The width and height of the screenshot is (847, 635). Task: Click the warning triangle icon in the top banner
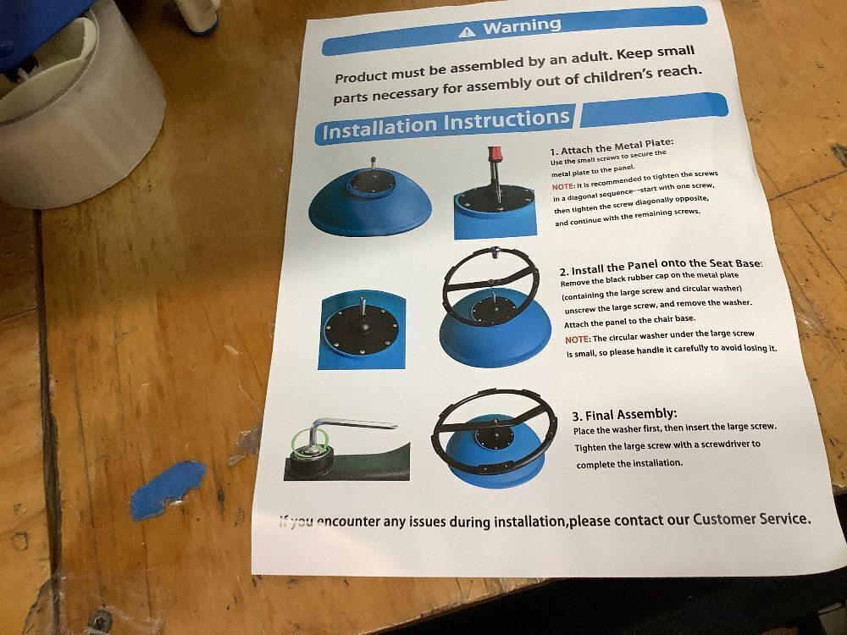(467, 32)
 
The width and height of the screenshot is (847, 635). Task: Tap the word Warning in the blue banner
(522, 26)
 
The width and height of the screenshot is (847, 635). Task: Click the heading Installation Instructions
(446, 124)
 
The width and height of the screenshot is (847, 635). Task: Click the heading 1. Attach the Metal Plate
(612, 146)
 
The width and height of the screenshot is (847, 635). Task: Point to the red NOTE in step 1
(562, 187)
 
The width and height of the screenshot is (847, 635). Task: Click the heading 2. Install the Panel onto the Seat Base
(661, 267)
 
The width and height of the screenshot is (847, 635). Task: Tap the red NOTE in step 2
(577, 340)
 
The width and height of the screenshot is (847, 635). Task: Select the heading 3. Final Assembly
(624, 415)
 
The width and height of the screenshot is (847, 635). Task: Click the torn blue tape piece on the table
(168, 489)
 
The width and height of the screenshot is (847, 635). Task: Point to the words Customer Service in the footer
(751, 520)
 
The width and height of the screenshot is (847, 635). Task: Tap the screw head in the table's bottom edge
(101, 621)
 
